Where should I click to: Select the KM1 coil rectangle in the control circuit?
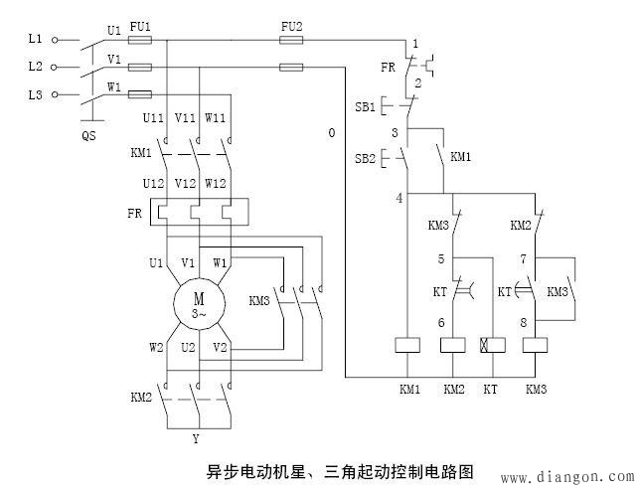[407, 345]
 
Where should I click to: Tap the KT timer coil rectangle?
[493, 345]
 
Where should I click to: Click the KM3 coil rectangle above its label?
[535, 345]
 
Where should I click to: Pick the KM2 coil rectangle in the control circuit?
[452, 345]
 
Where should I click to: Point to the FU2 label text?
[292, 27]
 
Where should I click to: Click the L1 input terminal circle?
[55, 40]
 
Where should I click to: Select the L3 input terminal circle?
[55, 94]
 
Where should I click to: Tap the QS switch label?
[89, 135]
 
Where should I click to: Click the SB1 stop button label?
[365, 107]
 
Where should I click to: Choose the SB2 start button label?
[365, 158]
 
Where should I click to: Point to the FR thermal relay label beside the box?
[135, 213]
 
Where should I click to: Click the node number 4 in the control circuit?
[400, 199]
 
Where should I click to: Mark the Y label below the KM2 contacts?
[197, 439]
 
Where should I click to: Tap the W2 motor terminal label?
[156, 348]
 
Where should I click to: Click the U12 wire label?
[153, 184]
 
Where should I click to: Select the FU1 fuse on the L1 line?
[140, 40]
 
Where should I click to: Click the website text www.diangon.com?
[567, 477]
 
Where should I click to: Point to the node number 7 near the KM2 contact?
[524, 258]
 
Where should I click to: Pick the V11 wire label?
[185, 118]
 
